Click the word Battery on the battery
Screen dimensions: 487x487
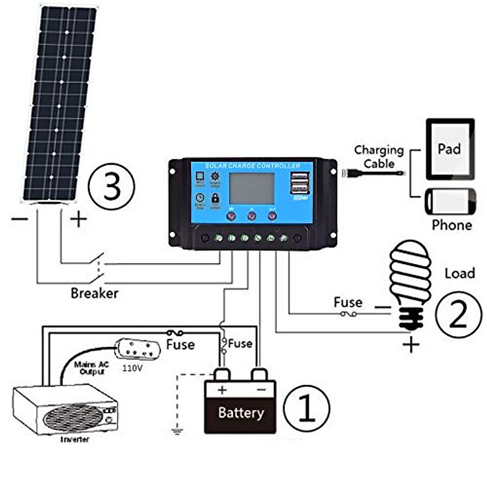pos(241,413)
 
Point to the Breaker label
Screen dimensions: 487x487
pos(94,293)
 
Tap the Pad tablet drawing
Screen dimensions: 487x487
pos(450,149)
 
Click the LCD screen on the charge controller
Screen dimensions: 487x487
pos(252,188)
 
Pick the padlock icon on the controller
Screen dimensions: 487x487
pos(215,198)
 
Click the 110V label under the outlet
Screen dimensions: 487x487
pos(132,368)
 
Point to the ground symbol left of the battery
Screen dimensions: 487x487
pos(177,431)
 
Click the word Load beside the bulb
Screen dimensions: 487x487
pos(459,273)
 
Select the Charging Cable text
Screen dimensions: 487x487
pos(379,157)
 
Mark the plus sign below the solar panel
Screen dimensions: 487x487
pos(78,220)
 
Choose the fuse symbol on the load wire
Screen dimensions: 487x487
pos(348,314)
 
